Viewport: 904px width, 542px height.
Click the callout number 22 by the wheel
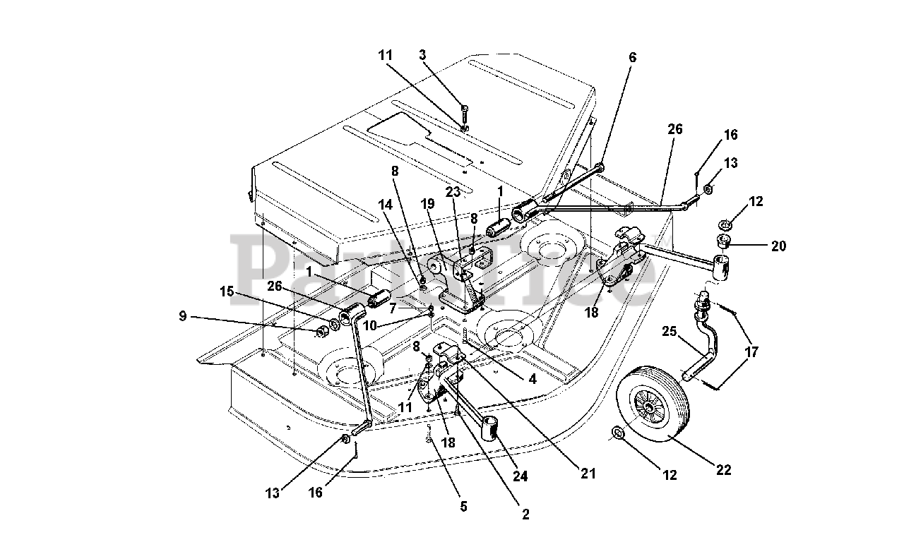(x=723, y=470)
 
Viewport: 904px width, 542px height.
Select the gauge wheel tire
(x=653, y=404)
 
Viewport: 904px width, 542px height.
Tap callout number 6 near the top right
(x=632, y=58)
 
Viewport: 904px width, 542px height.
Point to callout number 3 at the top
(x=422, y=55)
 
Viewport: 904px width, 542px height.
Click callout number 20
(x=778, y=246)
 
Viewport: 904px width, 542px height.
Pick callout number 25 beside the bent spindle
(x=670, y=332)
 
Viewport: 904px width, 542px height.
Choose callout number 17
(x=751, y=352)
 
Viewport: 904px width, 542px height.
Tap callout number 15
(x=227, y=291)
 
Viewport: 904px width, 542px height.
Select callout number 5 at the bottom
(x=463, y=507)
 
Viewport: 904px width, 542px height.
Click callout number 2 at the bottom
(x=525, y=514)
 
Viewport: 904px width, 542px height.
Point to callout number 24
(x=520, y=476)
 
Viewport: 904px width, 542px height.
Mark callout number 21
(x=588, y=474)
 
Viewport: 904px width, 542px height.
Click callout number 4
(x=533, y=379)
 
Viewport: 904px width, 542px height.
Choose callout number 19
(x=427, y=204)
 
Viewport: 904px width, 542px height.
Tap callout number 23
(x=453, y=192)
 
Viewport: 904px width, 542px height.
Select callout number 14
(x=385, y=205)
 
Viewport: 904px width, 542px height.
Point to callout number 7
(x=393, y=309)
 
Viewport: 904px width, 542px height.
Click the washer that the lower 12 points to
(x=617, y=433)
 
